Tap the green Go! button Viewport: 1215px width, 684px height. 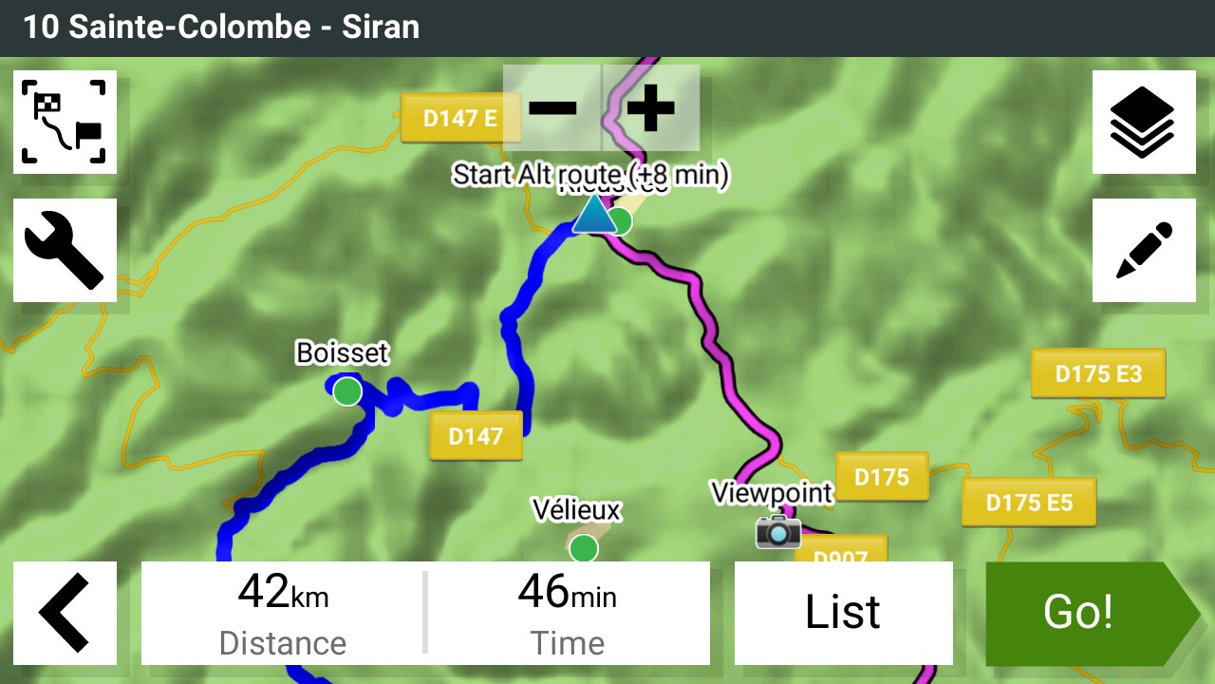point(1082,613)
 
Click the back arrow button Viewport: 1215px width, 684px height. point(65,613)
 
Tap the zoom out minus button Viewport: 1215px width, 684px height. point(552,107)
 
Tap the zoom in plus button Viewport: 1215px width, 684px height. point(651,107)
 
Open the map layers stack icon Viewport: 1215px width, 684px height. point(1144,122)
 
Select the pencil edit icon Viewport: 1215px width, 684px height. point(1144,250)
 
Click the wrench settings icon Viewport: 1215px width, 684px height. point(65,250)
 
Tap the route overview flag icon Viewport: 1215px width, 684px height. point(65,122)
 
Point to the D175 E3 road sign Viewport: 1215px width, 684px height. point(1098,373)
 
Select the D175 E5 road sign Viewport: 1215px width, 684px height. point(1029,502)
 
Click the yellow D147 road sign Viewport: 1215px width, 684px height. point(476,436)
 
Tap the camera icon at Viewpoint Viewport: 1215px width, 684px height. point(778,531)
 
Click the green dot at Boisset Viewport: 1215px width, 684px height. point(347,390)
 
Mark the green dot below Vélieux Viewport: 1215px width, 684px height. point(584,548)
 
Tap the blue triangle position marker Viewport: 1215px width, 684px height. point(593,216)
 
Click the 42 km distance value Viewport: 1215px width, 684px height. point(283,595)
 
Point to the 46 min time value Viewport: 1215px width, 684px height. point(567,595)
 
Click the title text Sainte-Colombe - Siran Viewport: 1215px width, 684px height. point(221,27)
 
